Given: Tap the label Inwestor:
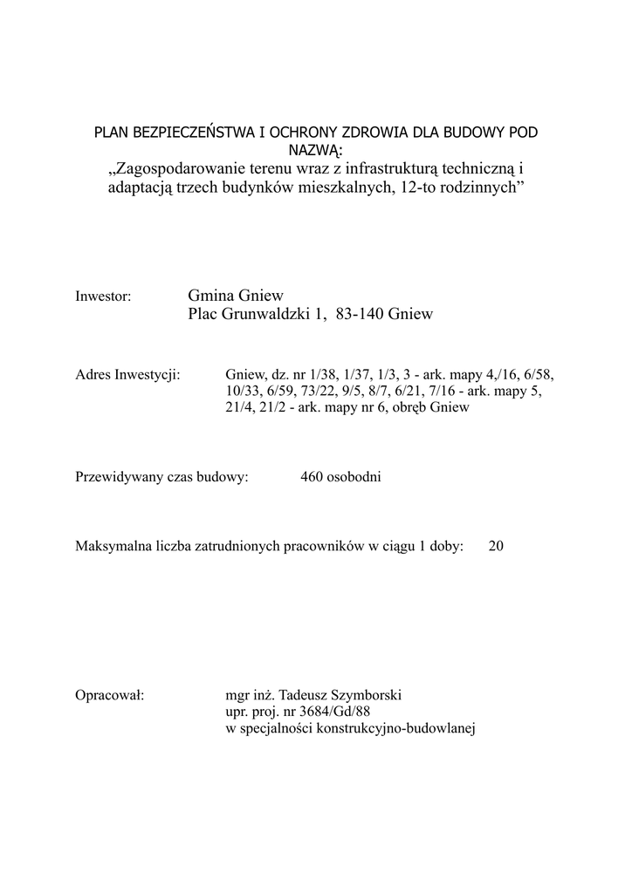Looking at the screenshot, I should click(104, 297).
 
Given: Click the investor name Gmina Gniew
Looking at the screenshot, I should click(236, 296).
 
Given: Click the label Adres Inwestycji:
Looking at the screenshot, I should click(128, 375).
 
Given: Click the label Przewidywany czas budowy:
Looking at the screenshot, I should click(162, 477).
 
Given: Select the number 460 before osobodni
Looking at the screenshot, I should click(312, 477).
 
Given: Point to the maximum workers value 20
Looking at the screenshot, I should click(496, 547).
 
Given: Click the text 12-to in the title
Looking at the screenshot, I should click(425, 187).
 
